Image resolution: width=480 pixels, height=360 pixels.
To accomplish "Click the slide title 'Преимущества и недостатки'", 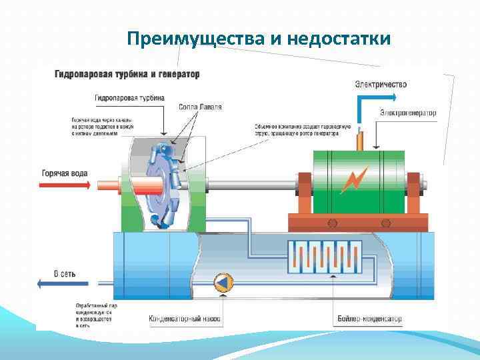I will pyautogui.click(x=258, y=39).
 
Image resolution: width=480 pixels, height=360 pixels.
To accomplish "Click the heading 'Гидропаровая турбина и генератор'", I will pyautogui.click(x=127, y=73).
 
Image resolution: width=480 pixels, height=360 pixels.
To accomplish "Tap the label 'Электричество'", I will pyautogui.click(x=381, y=85).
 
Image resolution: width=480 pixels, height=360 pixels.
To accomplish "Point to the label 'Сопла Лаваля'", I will pyautogui.click(x=201, y=107).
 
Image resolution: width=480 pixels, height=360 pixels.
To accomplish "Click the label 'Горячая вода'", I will pyautogui.click(x=65, y=173).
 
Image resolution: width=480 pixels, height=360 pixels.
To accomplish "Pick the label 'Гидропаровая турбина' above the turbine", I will pyautogui.click(x=129, y=97).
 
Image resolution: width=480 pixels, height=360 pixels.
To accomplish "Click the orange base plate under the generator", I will pyautogui.click(x=357, y=222).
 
